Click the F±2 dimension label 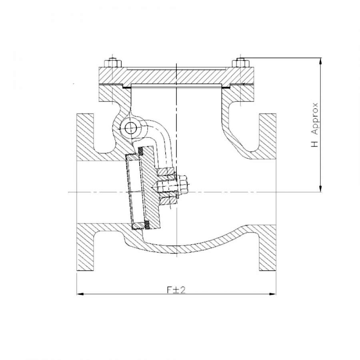(176, 290)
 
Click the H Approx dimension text (314, 125)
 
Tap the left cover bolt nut (112, 63)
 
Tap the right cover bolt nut (240, 63)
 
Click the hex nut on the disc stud (183, 184)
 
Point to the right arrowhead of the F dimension (272, 294)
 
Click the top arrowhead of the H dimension (321, 61)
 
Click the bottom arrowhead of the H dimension (321, 188)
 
